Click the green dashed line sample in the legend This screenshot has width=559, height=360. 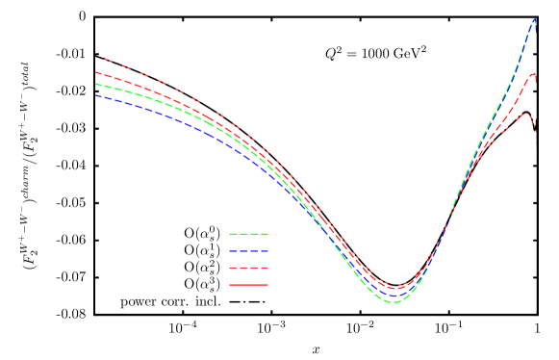coord(248,234)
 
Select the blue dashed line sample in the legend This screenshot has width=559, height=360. coord(248,251)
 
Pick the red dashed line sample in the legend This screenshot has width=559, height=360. coord(248,268)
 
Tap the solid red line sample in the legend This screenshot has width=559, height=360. coord(248,285)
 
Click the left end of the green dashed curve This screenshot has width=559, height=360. coord(96,84)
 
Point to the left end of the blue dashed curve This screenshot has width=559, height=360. coord(96,95)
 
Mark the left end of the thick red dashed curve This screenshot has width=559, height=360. coord(96,72)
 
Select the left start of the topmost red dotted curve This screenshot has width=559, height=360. coord(104,59)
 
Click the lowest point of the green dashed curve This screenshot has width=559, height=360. coord(394,302)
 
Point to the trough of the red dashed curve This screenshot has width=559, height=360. coord(394,288)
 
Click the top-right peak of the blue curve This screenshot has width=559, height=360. coord(535,19)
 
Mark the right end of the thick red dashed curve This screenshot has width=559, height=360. coord(535,75)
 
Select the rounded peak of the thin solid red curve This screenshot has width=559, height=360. coord(525,115)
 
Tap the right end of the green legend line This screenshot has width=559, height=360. coord(267,234)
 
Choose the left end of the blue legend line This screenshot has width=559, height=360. coord(229,251)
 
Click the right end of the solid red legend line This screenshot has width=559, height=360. coord(267,285)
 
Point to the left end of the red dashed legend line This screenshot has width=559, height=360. coord(229,268)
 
